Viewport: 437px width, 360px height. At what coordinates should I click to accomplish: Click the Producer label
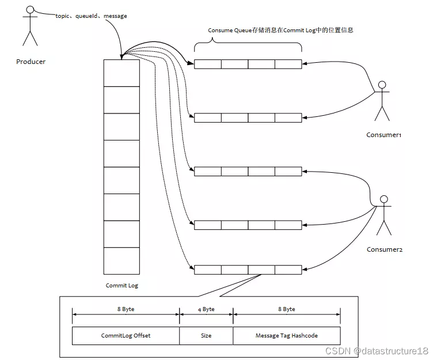click(31, 62)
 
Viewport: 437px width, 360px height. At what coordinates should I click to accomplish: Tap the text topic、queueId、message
click(92, 16)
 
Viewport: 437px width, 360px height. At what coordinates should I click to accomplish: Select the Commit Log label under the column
click(121, 286)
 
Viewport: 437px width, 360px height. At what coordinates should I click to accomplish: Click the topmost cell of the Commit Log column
click(121, 73)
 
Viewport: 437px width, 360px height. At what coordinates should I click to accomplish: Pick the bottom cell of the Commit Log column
click(121, 261)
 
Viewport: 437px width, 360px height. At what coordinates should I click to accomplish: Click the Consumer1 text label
click(383, 135)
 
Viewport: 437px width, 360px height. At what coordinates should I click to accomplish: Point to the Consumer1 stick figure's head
click(381, 85)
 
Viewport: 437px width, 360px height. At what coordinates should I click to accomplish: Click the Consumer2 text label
click(384, 249)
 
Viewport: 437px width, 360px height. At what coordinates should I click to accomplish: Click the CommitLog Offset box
click(126, 335)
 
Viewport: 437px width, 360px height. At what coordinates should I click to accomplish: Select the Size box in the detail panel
click(206, 335)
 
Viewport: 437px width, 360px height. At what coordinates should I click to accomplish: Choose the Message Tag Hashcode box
click(286, 335)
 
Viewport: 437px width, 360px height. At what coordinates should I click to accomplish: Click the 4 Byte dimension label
click(206, 309)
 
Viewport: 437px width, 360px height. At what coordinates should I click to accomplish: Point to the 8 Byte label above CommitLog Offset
click(126, 309)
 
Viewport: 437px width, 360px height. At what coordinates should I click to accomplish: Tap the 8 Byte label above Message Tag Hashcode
click(286, 309)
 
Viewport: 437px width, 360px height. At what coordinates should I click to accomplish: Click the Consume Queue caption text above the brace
click(280, 30)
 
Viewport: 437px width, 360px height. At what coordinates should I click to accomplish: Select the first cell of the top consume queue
click(207, 65)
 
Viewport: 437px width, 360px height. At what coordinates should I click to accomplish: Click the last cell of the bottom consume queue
click(288, 270)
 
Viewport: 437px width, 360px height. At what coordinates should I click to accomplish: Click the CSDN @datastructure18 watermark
click(377, 351)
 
